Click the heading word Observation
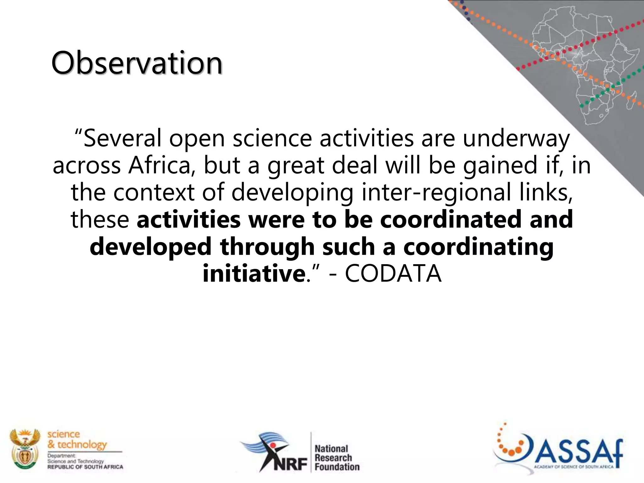137,63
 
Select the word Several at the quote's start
122,139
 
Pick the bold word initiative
253,274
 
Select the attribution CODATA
393,274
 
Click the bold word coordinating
478,247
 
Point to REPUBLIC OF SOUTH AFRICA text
85,467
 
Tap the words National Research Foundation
336,458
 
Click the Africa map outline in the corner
582,63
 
